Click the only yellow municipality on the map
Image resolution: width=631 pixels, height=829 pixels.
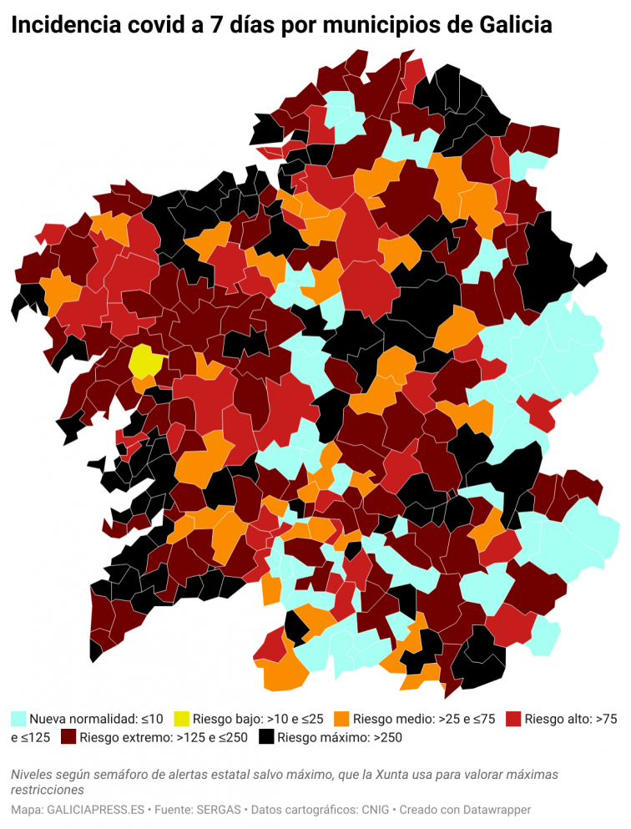tap(144, 362)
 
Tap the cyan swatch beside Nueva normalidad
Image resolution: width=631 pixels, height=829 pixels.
tap(18, 718)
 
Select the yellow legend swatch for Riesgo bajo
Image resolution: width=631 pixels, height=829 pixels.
tap(181, 718)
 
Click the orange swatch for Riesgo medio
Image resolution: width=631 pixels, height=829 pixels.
tap(341, 718)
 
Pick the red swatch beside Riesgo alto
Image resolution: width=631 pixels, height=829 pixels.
tap(513, 718)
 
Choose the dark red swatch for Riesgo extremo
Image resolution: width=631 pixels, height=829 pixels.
tap(68, 737)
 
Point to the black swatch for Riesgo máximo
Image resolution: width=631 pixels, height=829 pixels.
tap(266, 737)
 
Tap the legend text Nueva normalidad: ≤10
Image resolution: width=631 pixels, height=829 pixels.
tap(96, 718)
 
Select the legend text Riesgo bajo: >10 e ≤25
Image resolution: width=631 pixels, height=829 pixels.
tap(258, 718)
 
